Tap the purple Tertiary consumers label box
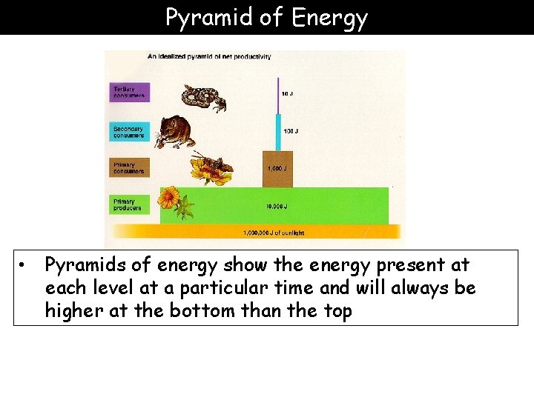point(130,91)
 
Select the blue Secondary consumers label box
point(130,131)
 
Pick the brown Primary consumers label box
point(130,167)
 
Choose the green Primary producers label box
point(130,204)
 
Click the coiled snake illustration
point(203,97)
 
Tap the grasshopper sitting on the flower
point(211,164)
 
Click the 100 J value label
point(290,131)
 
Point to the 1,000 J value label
point(277,168)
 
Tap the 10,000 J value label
point(277,207)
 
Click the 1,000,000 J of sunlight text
point(274,233)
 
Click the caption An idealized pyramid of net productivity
point(209,56)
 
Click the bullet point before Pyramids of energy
point(24,264)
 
